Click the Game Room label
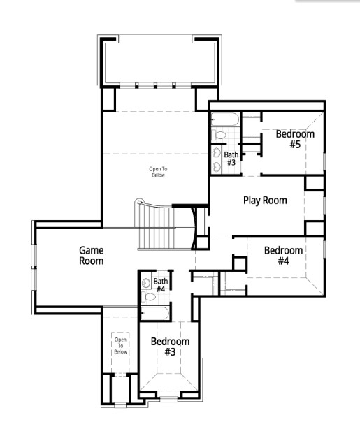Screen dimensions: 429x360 (91, 255)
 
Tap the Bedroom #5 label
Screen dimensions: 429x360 (294, 140)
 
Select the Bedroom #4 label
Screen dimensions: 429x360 (283, 256)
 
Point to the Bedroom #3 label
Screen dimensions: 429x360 (170, 347)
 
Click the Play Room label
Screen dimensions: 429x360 (265, 201)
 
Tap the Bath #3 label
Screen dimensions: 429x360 (231, 159)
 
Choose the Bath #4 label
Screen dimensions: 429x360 (160, 285)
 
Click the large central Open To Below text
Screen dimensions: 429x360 (159, 171)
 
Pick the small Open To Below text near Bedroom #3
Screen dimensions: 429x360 (120, 345)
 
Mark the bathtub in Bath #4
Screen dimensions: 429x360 (154, 314)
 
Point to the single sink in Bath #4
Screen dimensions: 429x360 (145, 283)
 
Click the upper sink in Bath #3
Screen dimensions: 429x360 (216, 152)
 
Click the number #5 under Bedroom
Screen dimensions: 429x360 (294, 145)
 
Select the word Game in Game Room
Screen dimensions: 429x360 (91, 249)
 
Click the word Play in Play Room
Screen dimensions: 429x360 (253, 201)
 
